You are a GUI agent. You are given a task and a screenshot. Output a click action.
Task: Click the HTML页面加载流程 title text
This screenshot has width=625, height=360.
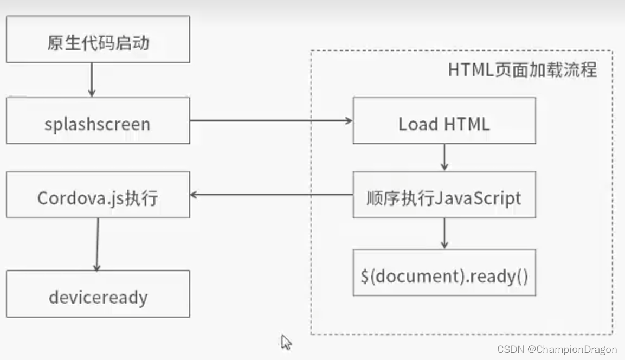click(x=522, y=70)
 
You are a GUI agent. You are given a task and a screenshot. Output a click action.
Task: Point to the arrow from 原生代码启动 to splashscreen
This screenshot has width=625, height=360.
click(x=91, y=79)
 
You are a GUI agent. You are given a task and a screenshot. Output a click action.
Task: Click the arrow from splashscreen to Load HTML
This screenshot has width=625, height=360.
click(x=271, y=120)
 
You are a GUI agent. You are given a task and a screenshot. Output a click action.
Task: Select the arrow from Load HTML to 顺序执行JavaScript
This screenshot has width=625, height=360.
click(x=444, y=157)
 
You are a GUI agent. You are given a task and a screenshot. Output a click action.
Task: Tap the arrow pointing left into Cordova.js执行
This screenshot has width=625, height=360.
click(x=271, y=195)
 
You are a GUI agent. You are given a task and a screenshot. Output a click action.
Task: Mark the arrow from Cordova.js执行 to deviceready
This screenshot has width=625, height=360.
click(x=98, y=244)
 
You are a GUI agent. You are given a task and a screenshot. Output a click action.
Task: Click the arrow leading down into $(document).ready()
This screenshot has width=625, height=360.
click(x=444, y=233)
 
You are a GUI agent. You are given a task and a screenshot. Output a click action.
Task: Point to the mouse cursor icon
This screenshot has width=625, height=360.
click(x=286, y=342)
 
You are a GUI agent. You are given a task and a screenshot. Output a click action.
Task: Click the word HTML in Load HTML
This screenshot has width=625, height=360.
click(x=467, y=124)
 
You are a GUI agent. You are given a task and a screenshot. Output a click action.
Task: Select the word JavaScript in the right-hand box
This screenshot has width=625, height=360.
click(x=476, y=198)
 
